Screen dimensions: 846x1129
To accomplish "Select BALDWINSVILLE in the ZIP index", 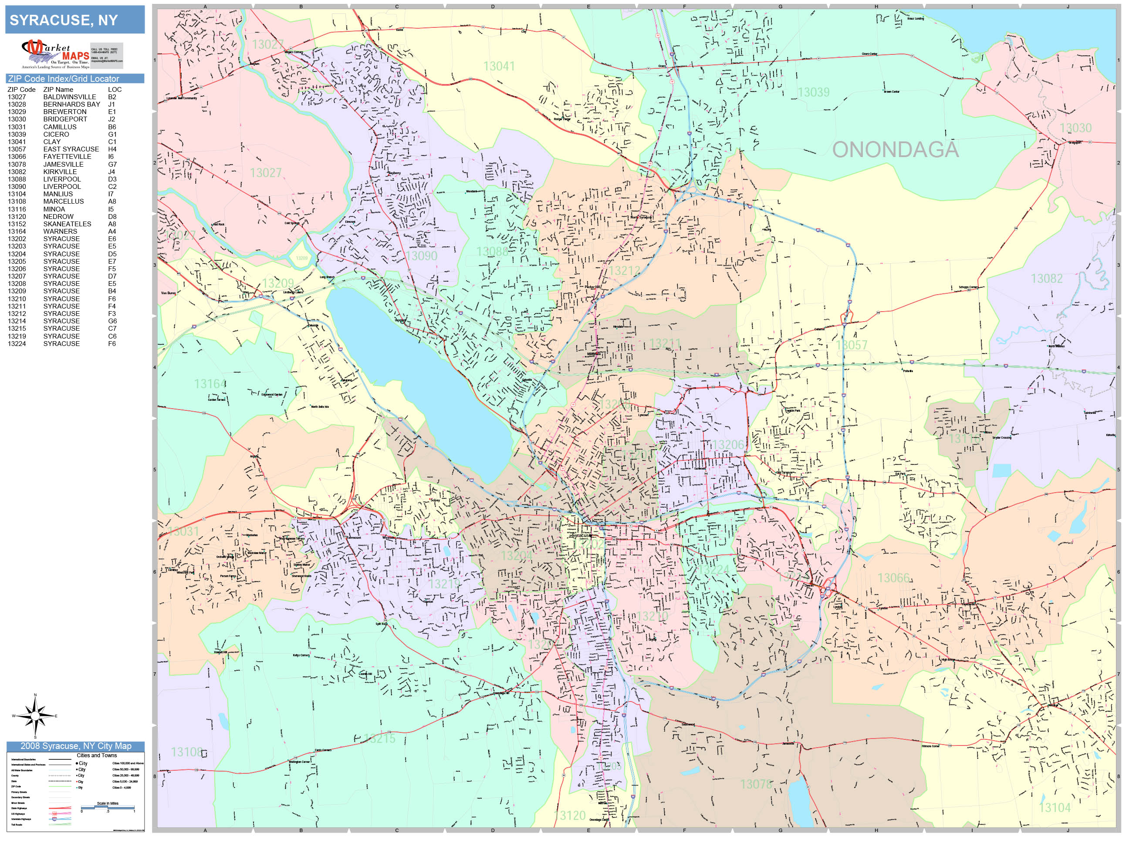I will (x=69, y=97).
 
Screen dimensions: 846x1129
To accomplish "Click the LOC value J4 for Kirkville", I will (x=112, y=172).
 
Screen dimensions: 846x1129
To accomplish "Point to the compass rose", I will (x=35, y=716).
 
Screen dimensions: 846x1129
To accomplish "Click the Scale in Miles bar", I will (x=108, y=807).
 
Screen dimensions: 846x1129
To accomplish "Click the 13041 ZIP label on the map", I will (x=499, y=66).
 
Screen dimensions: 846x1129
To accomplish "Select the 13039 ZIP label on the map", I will (x=814, y=92).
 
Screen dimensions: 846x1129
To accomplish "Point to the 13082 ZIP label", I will (x=1046, y=279).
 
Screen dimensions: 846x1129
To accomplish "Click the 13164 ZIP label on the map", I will (x=210, y=383).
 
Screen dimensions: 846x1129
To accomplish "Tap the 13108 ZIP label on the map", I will (x=186, y=752).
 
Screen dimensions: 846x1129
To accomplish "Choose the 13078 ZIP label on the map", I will (x=756, y=784).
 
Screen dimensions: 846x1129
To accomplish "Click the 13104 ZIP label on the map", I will (x=1055, y=808).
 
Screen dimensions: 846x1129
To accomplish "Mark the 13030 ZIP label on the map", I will (x=1075, y=128).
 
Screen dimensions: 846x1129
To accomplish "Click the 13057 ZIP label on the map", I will (x=852, y=345).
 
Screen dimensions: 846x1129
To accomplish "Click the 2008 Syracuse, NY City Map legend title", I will (x=75, y=746).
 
